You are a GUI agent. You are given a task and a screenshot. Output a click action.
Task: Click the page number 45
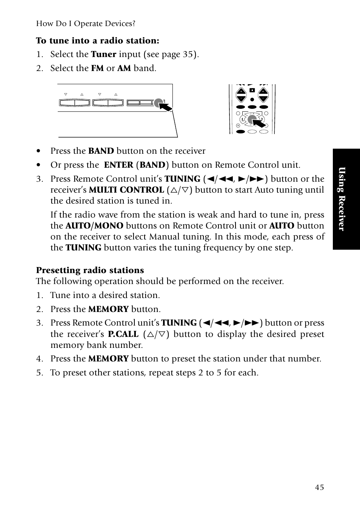(x=319, y=487)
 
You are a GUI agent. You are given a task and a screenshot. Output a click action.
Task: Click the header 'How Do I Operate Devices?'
(x=86, y=23)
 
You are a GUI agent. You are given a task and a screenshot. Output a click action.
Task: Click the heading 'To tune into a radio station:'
(x=98, y=40)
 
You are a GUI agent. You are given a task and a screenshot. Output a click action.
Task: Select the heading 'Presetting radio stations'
(x=90, y=270)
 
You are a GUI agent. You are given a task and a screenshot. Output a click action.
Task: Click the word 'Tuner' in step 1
(x=103, y=54)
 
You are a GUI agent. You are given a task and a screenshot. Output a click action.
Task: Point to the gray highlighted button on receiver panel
(x=158, y=102)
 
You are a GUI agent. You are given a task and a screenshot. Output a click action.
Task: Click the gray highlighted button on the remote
(x=251, y=119)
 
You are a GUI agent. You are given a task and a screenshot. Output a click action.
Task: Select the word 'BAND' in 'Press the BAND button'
(x=101, y=151)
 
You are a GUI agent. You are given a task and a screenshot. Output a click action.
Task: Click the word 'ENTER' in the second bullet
(x=118, y=165)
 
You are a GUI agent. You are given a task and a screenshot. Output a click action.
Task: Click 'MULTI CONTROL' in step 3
(x=126, y=190)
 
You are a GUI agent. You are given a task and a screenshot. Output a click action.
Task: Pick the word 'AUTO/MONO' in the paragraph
(x=94, y=226)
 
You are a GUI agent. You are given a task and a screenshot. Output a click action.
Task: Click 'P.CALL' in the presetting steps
(x=123, y=334)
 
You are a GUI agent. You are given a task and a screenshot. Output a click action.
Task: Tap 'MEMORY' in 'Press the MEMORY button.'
(x=108, y=309)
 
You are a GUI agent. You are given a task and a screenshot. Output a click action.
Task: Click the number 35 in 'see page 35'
(x=188, y=54)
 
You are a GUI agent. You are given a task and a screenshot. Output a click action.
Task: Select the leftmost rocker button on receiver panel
(x=74, y=102)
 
